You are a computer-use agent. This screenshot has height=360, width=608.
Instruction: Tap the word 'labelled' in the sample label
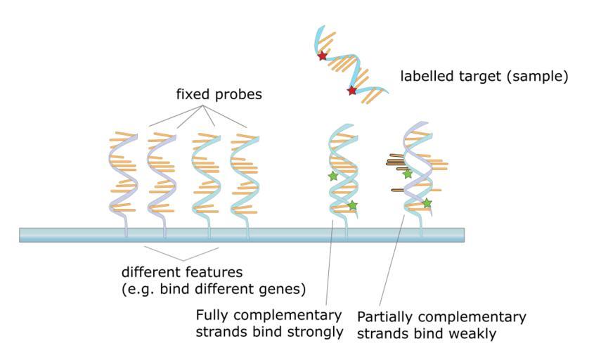click(x=425, y=75)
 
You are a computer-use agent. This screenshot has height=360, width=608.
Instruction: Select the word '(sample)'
click(x=541, y=75)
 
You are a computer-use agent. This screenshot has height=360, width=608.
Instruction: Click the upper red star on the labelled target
click(x=323, y=56)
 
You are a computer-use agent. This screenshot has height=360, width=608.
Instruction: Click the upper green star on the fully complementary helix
click(x=333, y=176)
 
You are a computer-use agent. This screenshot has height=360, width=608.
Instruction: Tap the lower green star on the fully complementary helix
click(x=353, y=205)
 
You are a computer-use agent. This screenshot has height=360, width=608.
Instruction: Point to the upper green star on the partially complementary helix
click(x=408, y=174)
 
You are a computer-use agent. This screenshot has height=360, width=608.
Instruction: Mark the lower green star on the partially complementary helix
click(x=427, y=203)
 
